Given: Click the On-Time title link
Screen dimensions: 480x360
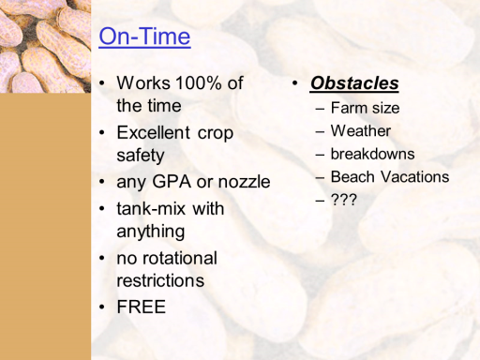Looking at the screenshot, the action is pyautogui.click(x=144, y=37).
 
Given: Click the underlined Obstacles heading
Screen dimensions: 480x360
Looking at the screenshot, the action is pyautogui.click(x=354, y=83).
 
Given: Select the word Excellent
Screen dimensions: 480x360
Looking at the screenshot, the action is pyautogui.click(x=153, y=132).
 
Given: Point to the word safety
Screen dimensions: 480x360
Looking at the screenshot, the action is pyautogui.click(x=141, y=156).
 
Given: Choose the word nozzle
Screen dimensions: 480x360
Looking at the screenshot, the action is pyautogui.click(x=244, y=182).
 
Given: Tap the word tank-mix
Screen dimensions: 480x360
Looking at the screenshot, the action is pyautogui.click(x=152, y=208).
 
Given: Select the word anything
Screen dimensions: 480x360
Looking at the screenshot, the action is pyautogui.click(x=151, y=232).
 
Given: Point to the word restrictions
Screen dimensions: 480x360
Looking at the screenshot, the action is pyautogui.click(x=160, y=280).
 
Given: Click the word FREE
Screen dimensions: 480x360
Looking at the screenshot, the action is pyautogui.click(x=142, y=307).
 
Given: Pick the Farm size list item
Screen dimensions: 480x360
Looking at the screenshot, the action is pyautogui.click(x=365, y=108).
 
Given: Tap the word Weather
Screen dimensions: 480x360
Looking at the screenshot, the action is pyautogui.click(x=361, y=131).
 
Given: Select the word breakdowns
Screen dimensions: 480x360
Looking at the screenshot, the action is pyautogui.click(x=373, y=154).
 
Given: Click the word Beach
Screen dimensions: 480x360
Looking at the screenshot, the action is pyautogui.click(x=352, y=177).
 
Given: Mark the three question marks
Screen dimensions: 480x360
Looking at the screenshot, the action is pyautogui.click(x=344, y=200).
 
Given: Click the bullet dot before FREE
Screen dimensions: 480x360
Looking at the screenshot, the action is pyautogui.click(x=102, y=307).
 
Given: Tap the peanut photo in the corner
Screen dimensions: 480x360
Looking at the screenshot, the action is pyautogui.click(x=45, y=46).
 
